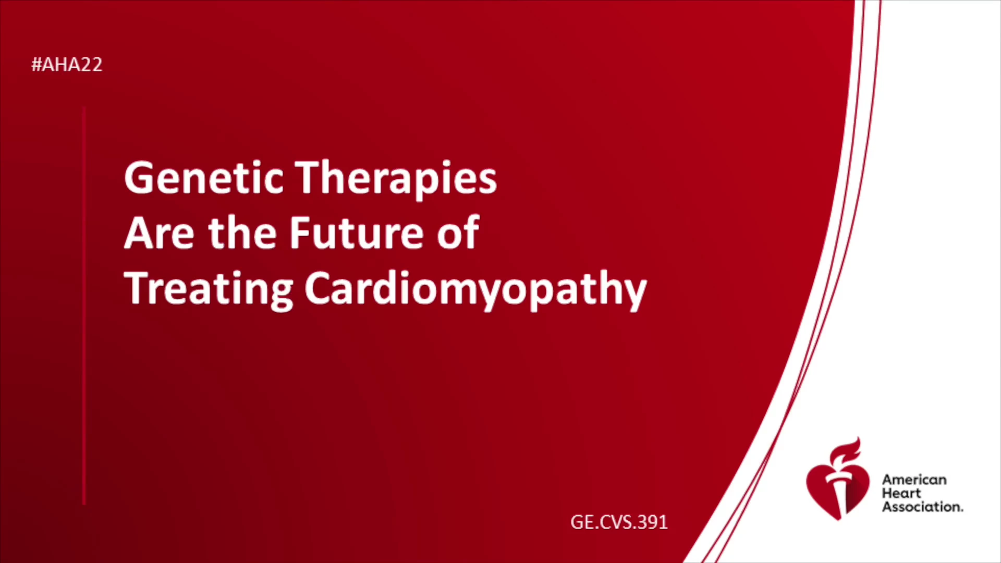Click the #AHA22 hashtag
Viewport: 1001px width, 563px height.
click(x=67, y=65)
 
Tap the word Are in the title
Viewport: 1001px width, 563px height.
click(x=159, y=233)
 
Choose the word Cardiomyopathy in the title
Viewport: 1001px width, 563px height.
click(x=475, y=290)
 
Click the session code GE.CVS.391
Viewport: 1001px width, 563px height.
click(x=619, y=522)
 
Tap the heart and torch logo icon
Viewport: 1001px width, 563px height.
click(x=838, y=479)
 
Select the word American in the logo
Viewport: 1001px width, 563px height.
click(x=914, y=480)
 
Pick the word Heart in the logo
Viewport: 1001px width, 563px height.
click(x=901, y=493)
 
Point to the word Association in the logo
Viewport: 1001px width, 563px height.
click(x=922, y=507)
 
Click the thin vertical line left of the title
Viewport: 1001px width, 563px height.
click(x=84, y=306)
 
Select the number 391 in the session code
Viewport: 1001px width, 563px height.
click(x=653, y=522)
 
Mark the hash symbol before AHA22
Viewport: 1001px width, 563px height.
click(x=36, y=65)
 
